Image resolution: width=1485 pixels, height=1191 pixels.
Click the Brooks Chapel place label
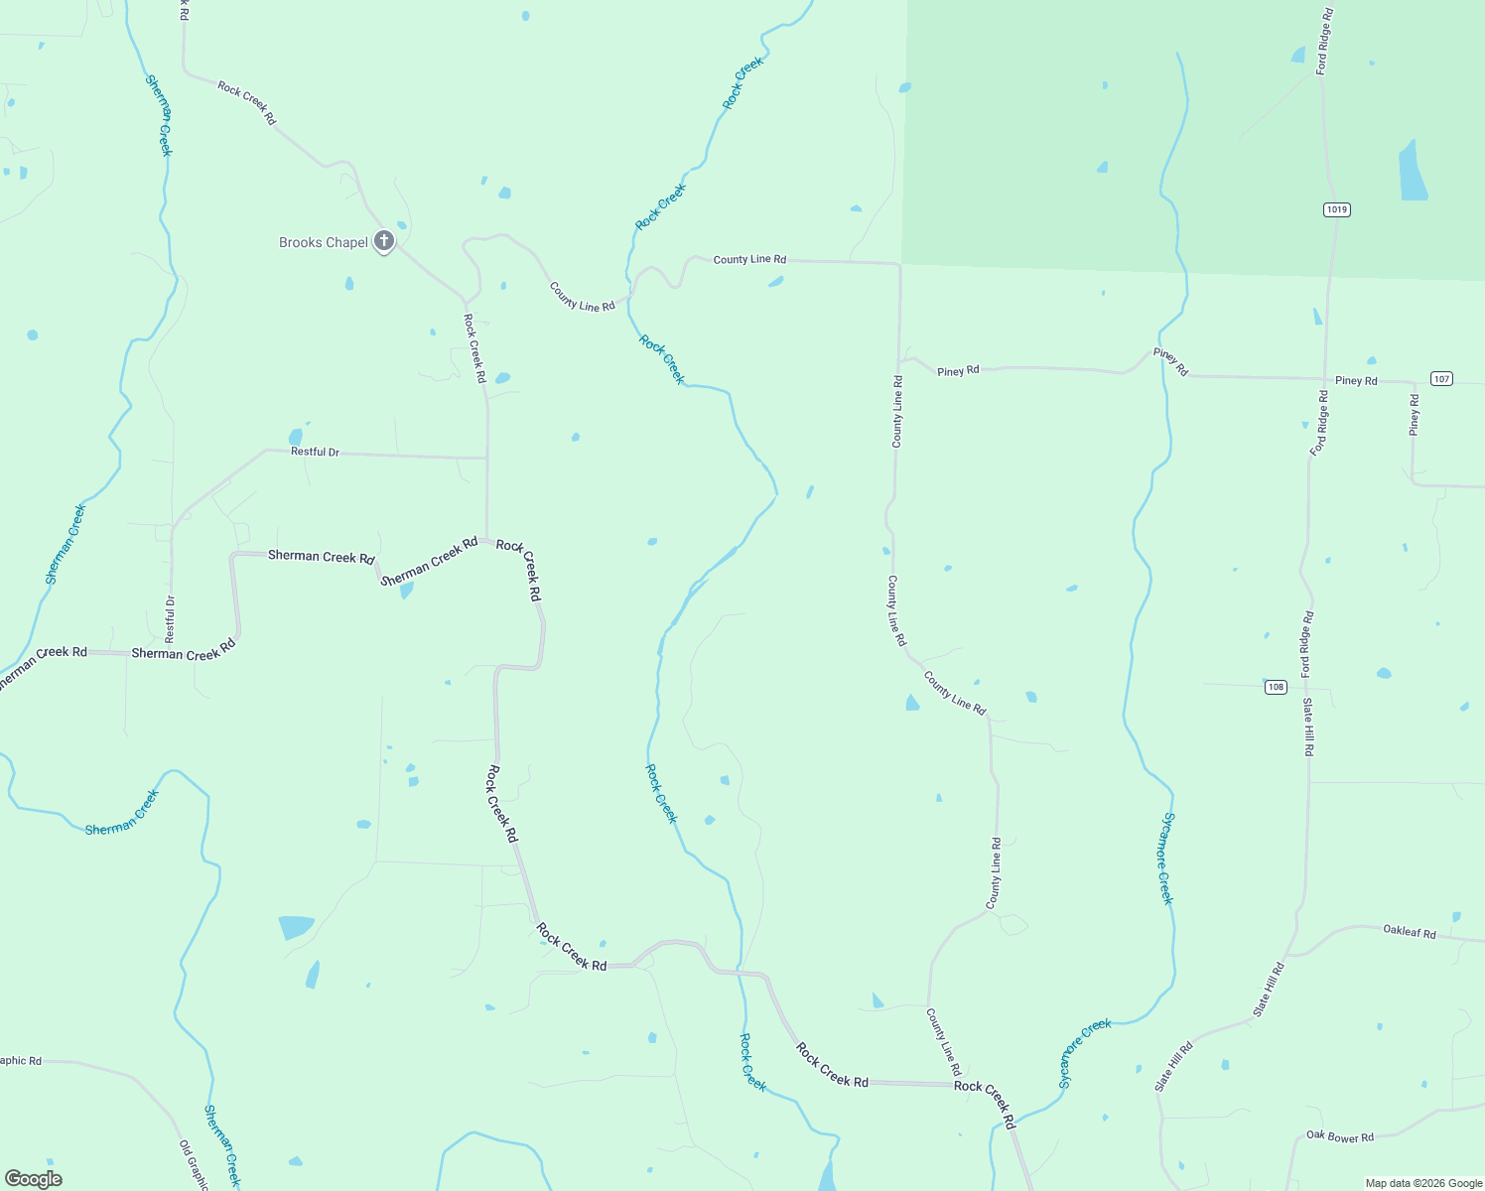pyautogui.click(x=323, y=242)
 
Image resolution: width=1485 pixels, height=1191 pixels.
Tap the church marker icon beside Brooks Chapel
pyautogui.click(x=384, y=241)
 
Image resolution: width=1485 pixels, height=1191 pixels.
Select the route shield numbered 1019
pyautogui.click(x=1336, y=209)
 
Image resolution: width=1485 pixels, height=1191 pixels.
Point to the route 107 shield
pyautogui.click(x=1442, y=378)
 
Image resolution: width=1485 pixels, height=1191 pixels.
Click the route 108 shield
pyautogui.click(x=1276, y=687)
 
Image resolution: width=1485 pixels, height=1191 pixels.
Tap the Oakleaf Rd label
pyautogui.click(x=1410, y=932)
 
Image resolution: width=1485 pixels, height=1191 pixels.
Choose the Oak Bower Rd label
pyautogui.click(x=1339, y=1136)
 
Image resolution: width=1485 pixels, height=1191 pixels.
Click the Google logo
pyautogui.click(x=33, y=1179)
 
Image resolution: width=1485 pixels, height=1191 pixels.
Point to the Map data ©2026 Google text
pyautogui.click(x=1423, y=1183)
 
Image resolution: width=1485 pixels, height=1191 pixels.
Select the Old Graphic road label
pyautogui.click(x=194, y=1164)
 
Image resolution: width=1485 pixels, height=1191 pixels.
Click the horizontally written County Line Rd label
pyautogui.click(x=749, y=259)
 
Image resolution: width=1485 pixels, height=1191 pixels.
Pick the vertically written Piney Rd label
pyautogui.click(x=1415, y=415)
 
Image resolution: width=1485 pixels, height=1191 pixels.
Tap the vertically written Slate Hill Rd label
pyautogui.click(x=1308, y=727)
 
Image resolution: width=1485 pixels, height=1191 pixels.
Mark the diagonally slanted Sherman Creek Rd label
pyautogui.click(x=429, y=562)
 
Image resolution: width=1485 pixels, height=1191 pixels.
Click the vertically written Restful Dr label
pyautogui.click(x=170, y=619)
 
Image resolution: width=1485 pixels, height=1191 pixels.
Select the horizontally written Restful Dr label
pyautogui.click(x=315, y=452)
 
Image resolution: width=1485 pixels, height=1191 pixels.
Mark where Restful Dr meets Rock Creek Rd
pyautogui.click(x=486, y=458)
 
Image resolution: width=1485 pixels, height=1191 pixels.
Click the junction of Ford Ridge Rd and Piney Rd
pyautogui.click(x=1325, y=378)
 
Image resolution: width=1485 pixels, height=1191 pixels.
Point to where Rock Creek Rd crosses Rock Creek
pyautogui.click(x=740, y=972)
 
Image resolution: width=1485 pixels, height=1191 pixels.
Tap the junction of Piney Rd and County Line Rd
pyautogui.click(x=899, y=362)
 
